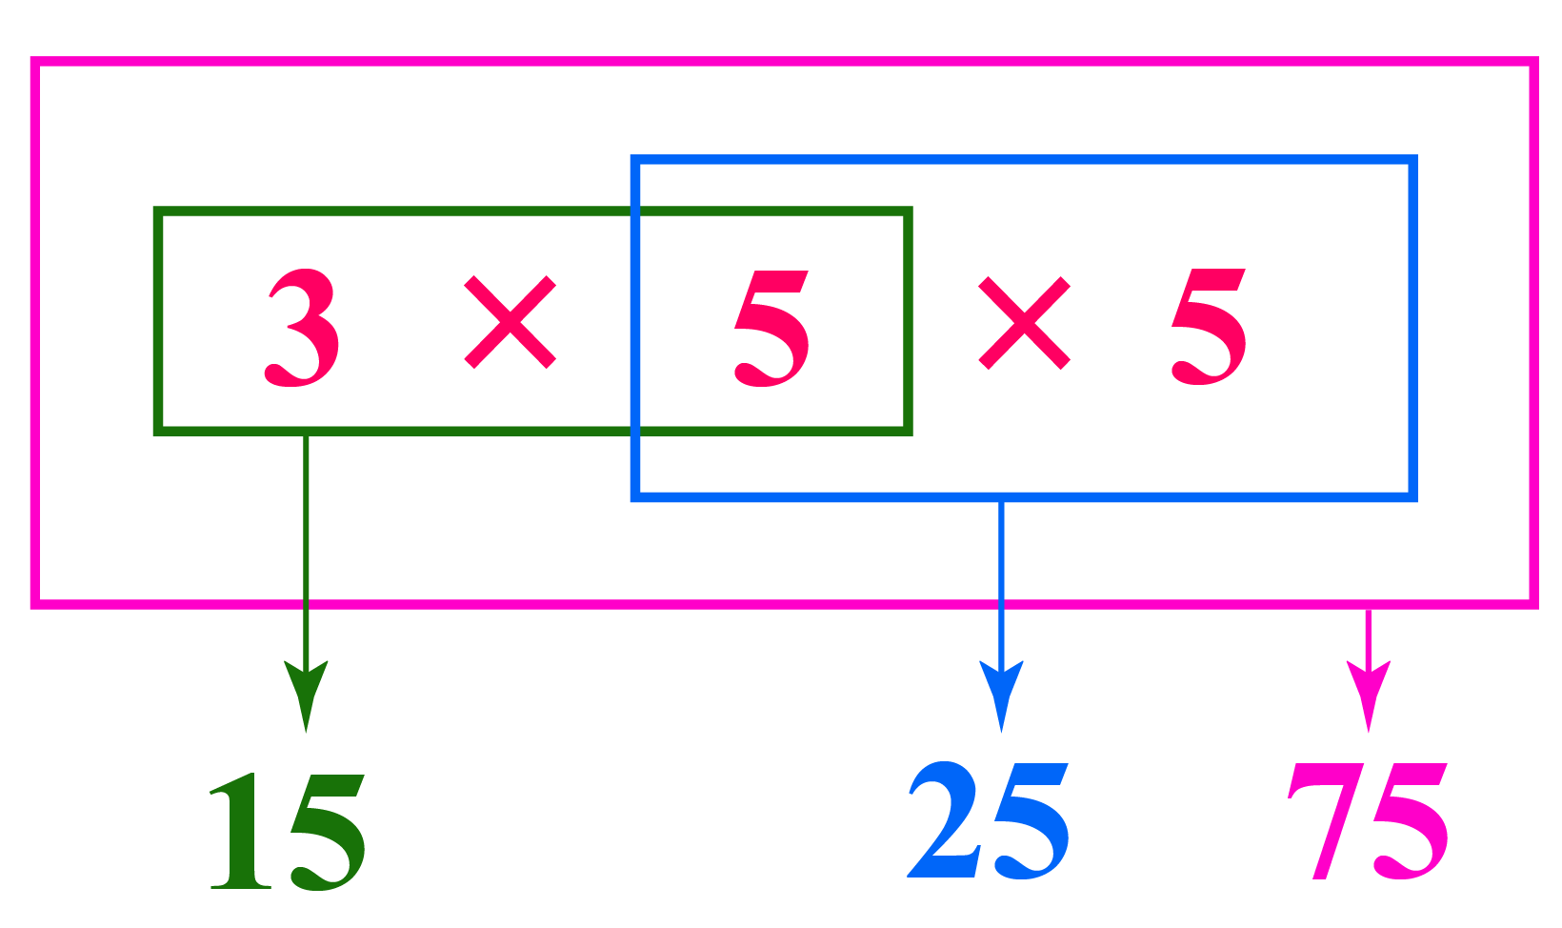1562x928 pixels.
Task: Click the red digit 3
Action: [x=302, y=327]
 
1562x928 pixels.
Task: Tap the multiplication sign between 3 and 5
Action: [x=510, y=322]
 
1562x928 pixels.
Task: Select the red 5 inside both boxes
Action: [x=771, y=327]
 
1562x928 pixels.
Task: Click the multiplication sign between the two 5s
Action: [x=1024, y=323]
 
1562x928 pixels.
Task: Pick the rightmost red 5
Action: [x=1208, y=326]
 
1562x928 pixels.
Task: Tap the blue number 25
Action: [x=988, y=821]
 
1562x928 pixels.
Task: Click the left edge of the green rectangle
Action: [x=158, y=321]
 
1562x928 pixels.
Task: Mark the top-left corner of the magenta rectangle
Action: [x=35, y=63]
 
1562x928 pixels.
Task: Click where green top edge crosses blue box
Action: [x=635, y=212]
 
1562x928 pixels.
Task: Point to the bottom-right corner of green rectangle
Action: [x=908, y=430]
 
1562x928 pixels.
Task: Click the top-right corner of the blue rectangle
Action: [x=1412, y=160]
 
